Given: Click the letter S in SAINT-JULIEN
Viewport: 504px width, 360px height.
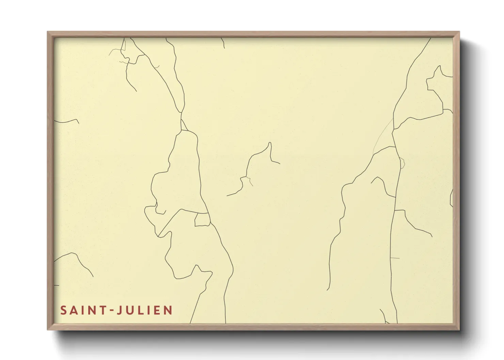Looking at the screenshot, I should point(63,310).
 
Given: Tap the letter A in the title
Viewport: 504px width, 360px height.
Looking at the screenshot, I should point(74,310).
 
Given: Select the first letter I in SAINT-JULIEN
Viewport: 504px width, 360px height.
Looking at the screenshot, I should point(82,310).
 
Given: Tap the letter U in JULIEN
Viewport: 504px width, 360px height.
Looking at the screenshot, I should point(130,310).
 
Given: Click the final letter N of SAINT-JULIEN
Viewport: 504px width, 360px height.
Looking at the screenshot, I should point(168,310).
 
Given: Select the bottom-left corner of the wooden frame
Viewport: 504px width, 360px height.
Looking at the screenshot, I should point(48,329).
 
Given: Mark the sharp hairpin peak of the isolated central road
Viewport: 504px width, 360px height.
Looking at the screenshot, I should point(270,143).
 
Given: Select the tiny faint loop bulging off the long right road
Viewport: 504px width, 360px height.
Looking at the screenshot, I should point(403,163).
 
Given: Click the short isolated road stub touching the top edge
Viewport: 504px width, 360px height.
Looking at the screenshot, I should point(223,43).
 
